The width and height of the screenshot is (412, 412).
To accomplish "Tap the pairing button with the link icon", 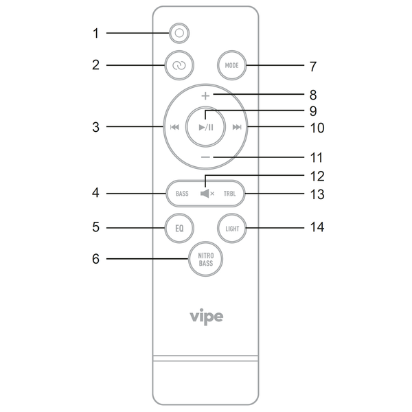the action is (179, 65).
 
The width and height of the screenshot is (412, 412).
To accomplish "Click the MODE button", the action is (232, 65).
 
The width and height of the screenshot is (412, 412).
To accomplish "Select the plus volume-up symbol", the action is (205, 96).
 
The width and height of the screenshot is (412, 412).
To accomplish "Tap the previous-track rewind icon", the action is (174, 127).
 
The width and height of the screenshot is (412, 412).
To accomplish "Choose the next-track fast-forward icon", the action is (237, 127).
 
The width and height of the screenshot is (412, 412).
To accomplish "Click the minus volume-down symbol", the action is (205, 157).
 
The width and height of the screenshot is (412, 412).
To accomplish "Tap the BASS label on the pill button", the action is (182, 194).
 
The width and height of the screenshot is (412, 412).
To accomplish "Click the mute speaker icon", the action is (207, 194).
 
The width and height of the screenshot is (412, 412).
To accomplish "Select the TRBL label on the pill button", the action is (229, 194).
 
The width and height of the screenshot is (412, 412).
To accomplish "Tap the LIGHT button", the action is (232, 229).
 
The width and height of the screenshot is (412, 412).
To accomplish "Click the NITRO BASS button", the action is (205, 259).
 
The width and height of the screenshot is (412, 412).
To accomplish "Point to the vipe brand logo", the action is (207, 317).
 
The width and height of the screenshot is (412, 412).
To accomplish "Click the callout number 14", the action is (317, 227).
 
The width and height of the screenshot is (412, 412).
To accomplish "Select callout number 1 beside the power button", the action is (96, 34).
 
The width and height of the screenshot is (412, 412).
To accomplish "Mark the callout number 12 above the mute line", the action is (317, 176).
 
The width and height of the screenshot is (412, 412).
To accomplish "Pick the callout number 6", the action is (96, 259).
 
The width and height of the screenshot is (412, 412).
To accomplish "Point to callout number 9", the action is (313, 111).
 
